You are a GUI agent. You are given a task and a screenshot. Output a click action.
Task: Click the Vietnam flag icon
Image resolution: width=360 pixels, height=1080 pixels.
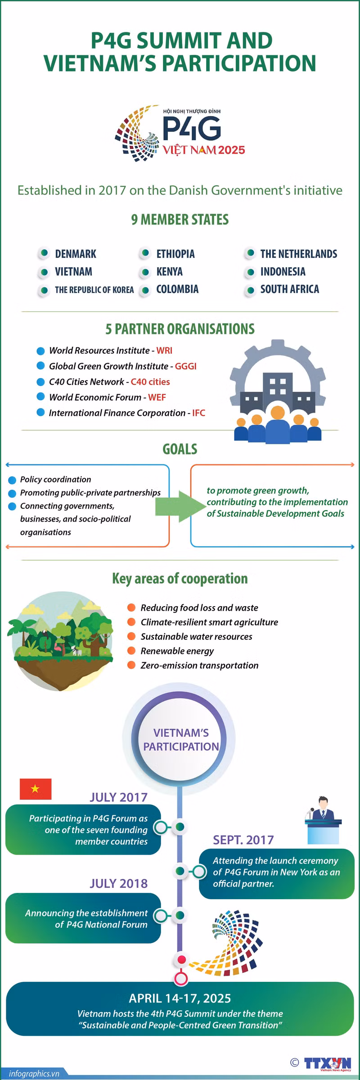[x=36, y=789]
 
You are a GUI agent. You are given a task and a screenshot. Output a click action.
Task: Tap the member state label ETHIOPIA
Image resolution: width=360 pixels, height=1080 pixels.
[x=175, y=254]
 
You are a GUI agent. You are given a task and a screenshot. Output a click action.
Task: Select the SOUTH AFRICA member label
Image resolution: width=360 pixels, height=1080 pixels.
[x=289, y=289]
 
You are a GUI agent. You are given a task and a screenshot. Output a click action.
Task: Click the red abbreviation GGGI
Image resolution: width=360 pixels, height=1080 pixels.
[x=185, y=366]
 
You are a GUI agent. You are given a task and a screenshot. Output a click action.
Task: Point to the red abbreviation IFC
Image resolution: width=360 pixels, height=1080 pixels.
[x=198, y=413]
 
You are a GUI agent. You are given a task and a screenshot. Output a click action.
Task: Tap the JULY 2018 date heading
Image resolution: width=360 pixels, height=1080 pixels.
[x=119, y=883]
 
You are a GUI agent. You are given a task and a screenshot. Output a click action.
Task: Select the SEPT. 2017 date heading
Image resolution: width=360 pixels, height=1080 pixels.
[x=243, y=840]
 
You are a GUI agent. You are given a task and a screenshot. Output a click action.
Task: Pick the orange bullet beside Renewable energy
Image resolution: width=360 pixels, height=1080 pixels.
[x=131, y=651]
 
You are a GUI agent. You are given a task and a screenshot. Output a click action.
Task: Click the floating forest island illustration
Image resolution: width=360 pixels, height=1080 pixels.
[x=60, y=641]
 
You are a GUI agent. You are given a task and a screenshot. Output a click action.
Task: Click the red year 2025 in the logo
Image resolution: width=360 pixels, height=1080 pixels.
[x=231, y=150]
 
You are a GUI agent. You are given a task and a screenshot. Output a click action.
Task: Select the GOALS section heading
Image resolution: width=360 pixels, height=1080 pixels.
[x=180, y=449]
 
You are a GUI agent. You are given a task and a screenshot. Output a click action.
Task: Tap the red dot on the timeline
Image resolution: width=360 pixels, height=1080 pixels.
[x=180, y=959]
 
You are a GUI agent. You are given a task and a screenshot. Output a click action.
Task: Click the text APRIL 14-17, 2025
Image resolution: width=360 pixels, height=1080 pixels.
[x=180, y=999]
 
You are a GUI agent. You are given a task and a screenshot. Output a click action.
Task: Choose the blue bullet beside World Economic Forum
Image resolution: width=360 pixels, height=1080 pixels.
[x=41, y=397]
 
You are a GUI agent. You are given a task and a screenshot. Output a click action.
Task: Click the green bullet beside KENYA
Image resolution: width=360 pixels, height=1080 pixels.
[x=145, y=272]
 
